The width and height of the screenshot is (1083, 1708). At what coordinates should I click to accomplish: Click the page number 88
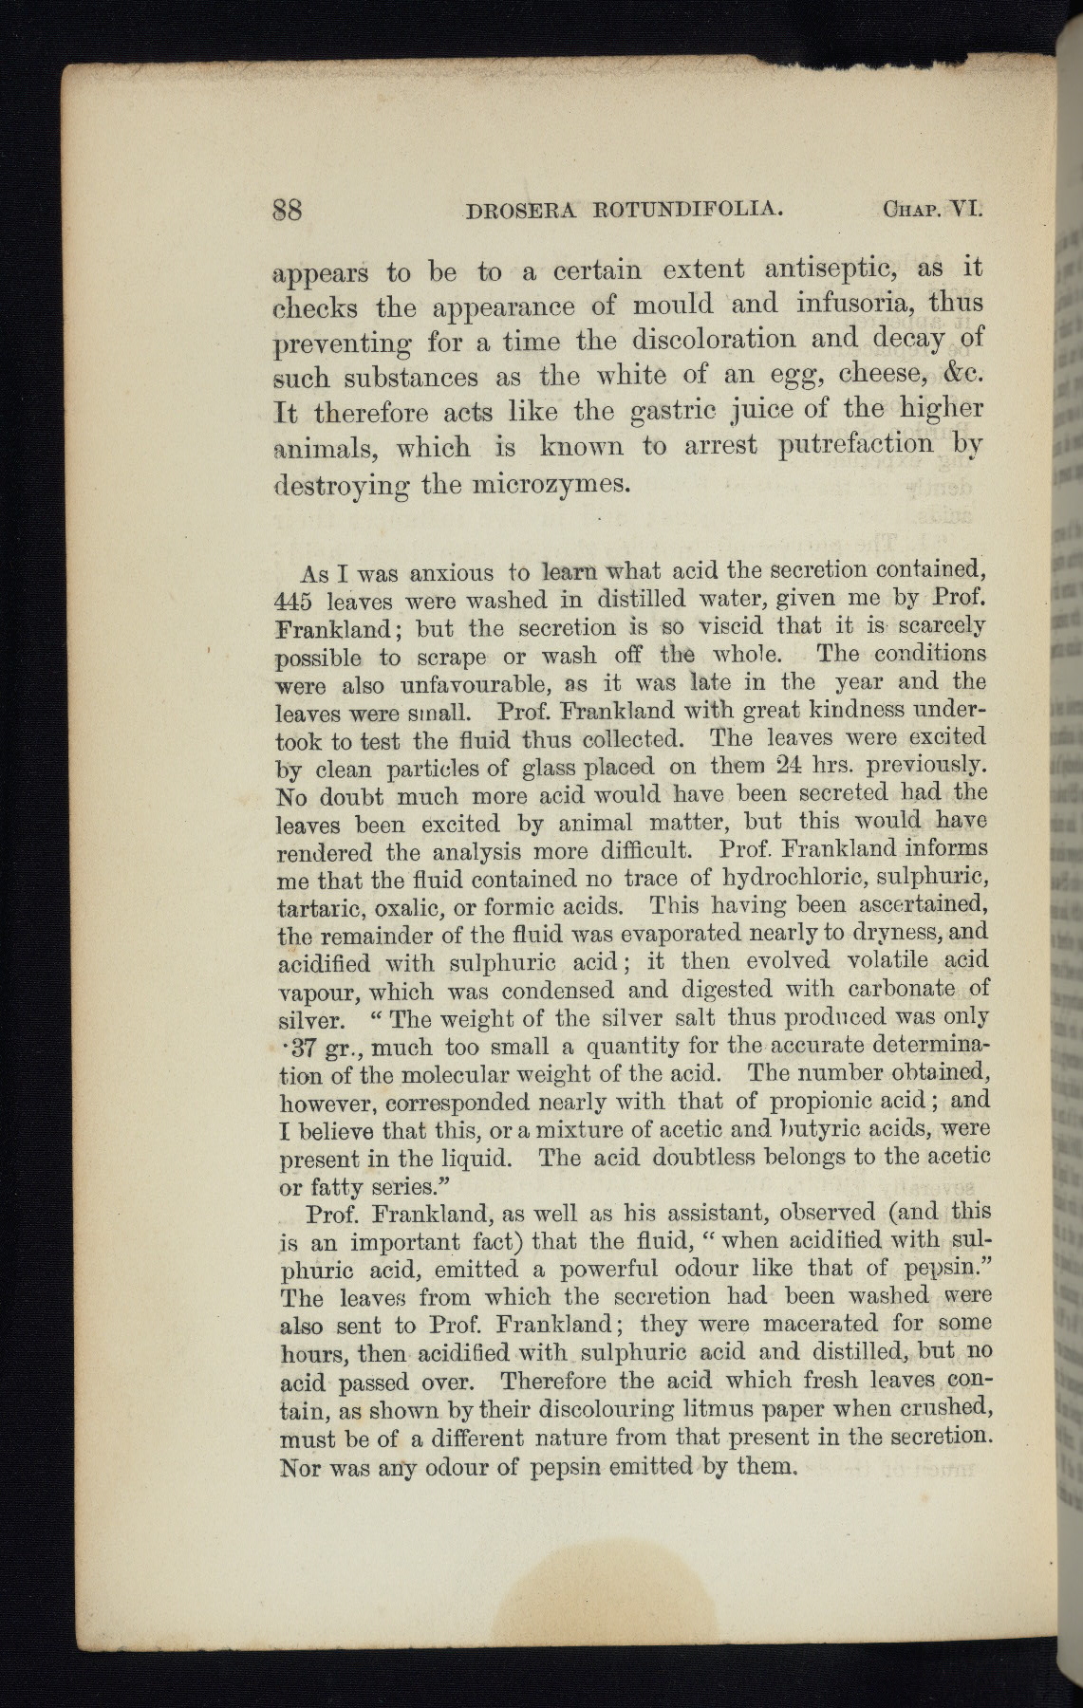[288, 209]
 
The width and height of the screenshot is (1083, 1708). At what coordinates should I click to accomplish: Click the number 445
[293, 602]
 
